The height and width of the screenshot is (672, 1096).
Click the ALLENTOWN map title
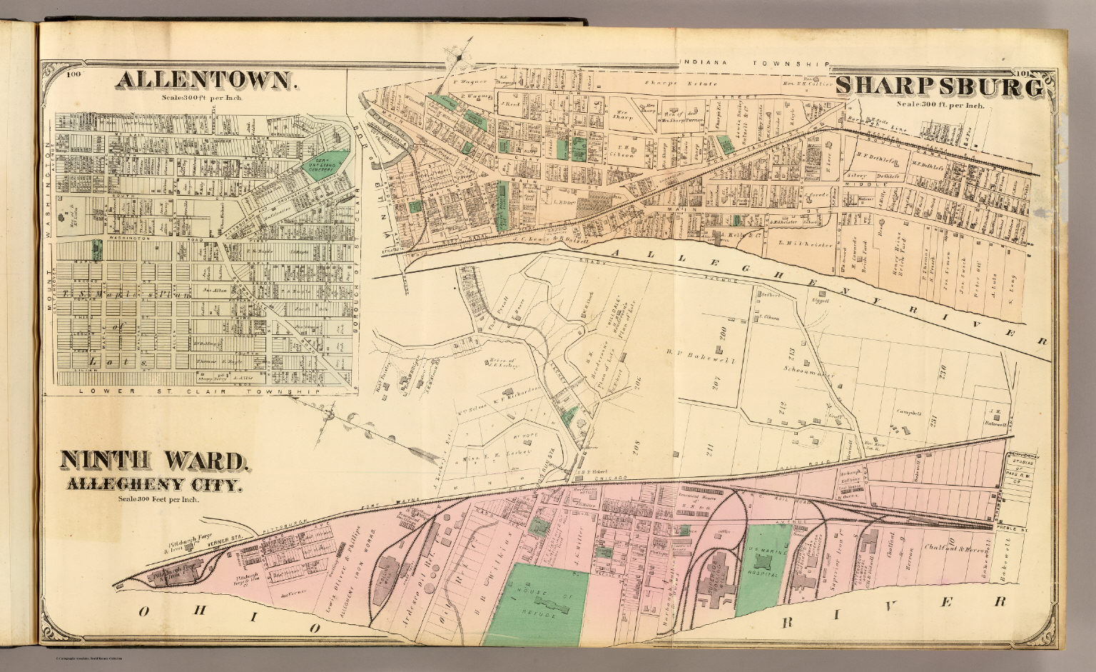pos(205,81)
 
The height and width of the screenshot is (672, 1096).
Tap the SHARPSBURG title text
pos(939,87)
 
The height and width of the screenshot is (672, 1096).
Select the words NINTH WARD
pos(155,461)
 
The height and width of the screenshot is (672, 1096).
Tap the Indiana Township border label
pos(755,64)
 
